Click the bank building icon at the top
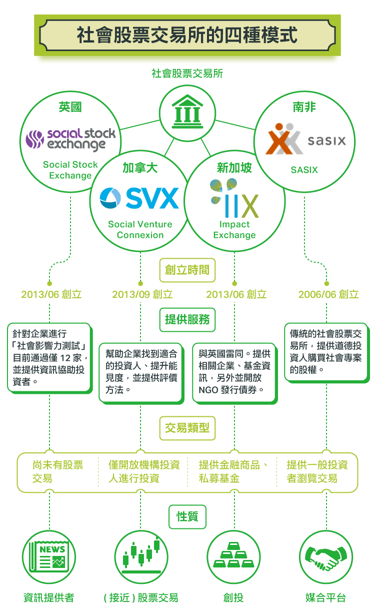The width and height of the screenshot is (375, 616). point(187,112)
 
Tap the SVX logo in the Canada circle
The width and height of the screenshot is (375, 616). point(139,198)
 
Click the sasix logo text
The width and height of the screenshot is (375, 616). point(326,141)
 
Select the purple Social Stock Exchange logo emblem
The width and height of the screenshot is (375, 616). point(34,139)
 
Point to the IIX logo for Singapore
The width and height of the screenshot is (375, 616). point(234,198)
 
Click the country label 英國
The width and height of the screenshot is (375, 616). point(70,107)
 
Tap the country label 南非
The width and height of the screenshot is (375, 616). point(304,107)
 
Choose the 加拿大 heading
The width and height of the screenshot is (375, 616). point(140,168)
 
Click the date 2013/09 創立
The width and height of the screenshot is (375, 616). point(142,294)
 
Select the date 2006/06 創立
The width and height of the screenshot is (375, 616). point(328,294)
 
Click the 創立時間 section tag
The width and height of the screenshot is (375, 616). point(187,270)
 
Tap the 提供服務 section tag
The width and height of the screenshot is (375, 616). point(187,320)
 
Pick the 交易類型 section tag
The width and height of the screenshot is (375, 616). point(187,428)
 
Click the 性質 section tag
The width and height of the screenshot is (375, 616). point(187,517)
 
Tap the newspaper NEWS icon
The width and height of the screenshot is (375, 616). point(49,557)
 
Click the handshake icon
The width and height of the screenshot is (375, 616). point(326,557)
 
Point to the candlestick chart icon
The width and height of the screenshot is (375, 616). point(141,557)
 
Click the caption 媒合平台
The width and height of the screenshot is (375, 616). point(326,597)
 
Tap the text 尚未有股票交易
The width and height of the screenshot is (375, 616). point(57,472)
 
